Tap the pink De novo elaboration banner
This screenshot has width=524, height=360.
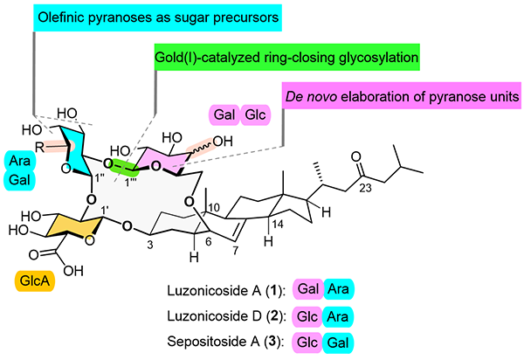pos(399,95)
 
